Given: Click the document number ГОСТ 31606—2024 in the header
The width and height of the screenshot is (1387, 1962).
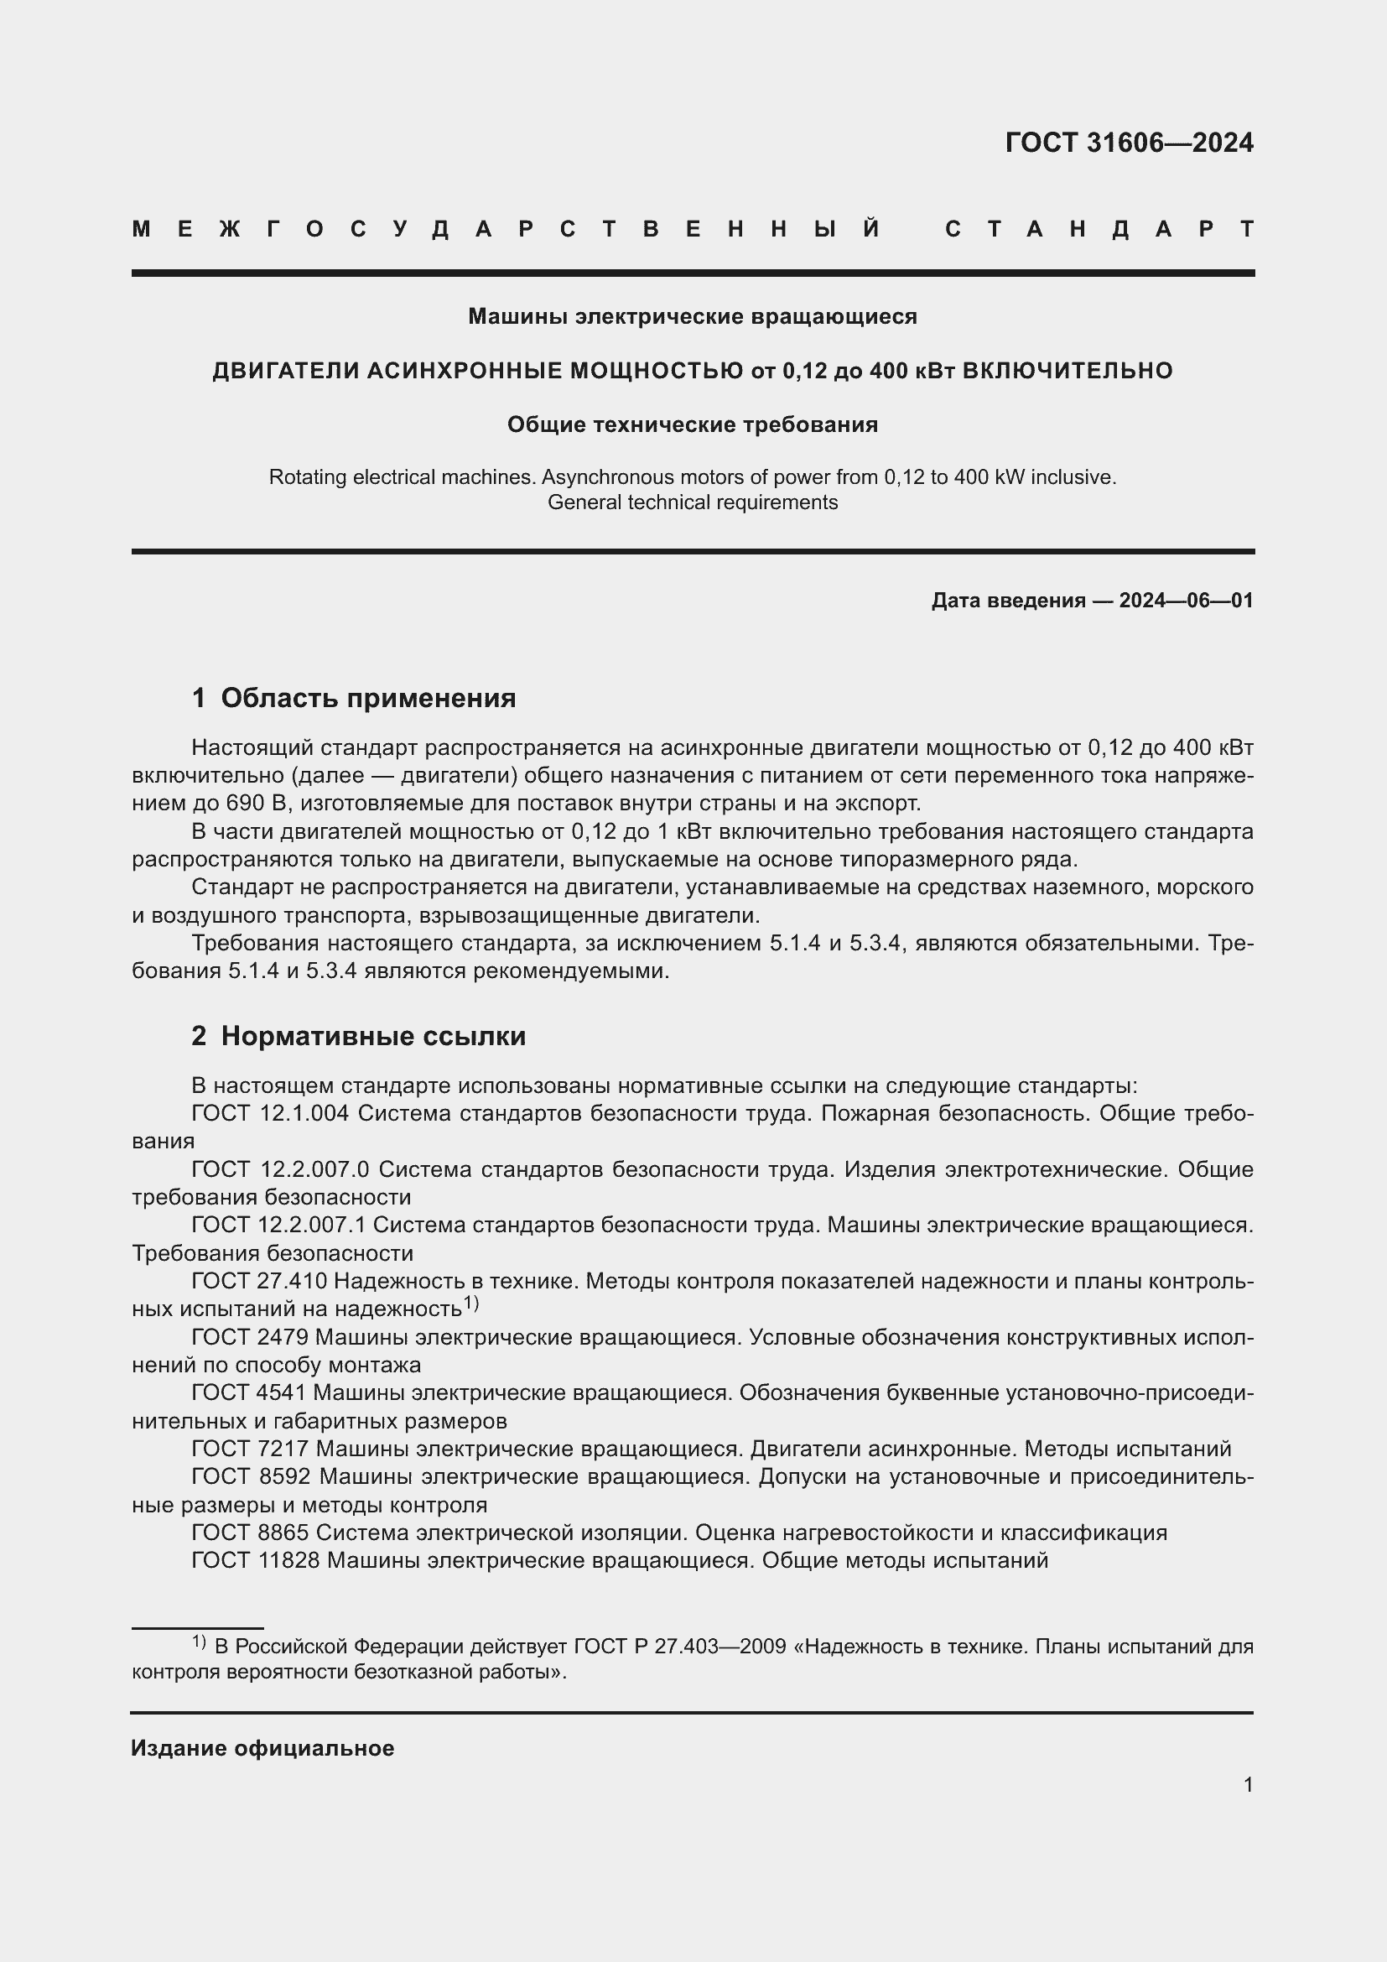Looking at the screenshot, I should tap(1128, 143).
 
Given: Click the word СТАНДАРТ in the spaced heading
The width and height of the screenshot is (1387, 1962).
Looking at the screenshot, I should tap(1099, 229).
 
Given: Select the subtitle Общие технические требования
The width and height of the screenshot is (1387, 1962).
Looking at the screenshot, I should tap(692, 424).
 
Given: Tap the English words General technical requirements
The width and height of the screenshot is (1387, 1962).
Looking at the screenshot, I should tap(692, 502).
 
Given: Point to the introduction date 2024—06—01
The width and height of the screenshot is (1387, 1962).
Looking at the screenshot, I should tap(1186, 601).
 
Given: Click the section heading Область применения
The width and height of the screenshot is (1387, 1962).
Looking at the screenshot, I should tap(368, 698).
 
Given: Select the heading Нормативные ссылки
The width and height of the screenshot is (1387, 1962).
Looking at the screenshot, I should tap(373, 1037).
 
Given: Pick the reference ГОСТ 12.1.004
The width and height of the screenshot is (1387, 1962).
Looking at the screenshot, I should tap(270, 1113).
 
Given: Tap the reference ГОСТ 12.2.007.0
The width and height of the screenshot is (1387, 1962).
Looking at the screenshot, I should tap(280, 1169).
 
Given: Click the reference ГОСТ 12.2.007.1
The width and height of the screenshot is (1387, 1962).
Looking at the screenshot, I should tap(278, 1225).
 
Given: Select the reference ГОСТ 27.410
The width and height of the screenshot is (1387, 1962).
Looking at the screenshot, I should tap(259, 1281).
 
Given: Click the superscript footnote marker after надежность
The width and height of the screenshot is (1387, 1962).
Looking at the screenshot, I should tap(471, 1304).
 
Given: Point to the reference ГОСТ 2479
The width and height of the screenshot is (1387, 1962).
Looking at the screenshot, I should tap(248, 1336).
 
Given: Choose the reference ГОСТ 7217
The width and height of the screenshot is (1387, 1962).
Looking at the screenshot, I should tap(248, 1449).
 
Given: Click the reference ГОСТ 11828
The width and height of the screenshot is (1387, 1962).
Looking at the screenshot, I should tap(256, 1560).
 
